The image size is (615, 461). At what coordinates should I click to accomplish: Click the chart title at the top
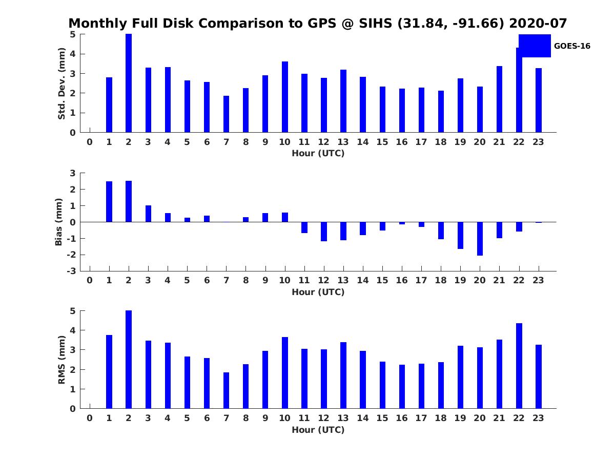point(317,24)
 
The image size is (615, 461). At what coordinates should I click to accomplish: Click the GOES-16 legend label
point(572,46)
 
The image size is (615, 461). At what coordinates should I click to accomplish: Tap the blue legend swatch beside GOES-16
point(535,46)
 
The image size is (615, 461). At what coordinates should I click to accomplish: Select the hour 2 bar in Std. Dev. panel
point(129,83)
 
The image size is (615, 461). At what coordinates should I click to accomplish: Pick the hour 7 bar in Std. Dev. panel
point(226,114)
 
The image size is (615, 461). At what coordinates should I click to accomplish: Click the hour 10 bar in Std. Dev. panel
point(285,97)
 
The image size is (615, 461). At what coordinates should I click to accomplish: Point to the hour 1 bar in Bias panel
point(109,201)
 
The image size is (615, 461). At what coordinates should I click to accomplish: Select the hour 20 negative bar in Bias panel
point(480,239)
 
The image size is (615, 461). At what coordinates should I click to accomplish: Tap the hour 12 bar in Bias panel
point(324,232)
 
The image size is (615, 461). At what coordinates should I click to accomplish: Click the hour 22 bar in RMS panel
point(519,366)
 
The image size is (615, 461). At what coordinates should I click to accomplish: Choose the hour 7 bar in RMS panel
point(226,390)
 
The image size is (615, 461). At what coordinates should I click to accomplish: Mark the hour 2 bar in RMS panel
point(129,360)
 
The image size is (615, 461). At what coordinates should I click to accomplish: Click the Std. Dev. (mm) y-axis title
point(61,83)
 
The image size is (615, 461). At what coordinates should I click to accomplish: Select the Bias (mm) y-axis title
point(59,222)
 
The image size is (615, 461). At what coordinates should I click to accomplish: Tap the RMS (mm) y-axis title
point(61,360)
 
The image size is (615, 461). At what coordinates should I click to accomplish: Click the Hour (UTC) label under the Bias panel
point(318,292)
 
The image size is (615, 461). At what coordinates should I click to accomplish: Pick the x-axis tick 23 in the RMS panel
point(539,418)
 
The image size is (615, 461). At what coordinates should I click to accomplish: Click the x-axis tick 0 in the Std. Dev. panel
point(90,142)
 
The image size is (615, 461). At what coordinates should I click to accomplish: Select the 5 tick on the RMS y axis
point(73,311)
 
